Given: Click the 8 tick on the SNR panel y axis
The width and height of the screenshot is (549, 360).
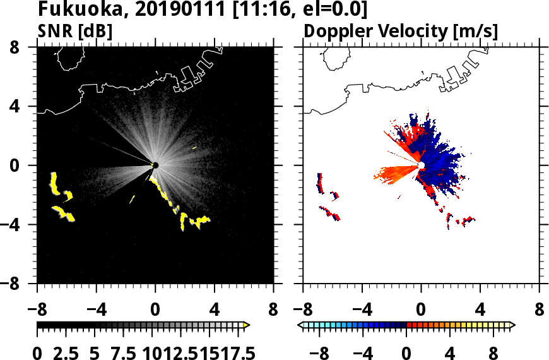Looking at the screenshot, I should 25,47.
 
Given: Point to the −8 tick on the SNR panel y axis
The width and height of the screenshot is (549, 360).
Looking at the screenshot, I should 21,284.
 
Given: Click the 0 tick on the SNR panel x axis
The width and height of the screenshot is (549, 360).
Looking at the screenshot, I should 155,311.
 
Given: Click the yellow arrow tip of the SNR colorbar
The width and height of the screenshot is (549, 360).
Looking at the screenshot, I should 247,325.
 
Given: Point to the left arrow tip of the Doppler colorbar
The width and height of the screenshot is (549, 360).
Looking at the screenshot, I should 300,325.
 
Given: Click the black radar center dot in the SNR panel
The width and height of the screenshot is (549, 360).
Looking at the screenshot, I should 155,165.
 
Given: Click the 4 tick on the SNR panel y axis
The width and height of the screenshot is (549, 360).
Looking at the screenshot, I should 25,106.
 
